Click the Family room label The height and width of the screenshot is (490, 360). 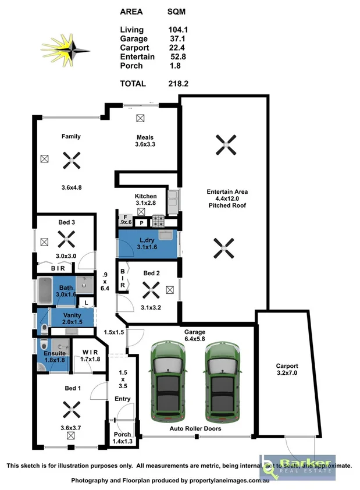(x=71, y=137)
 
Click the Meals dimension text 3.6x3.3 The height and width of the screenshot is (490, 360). (x=145, y=144)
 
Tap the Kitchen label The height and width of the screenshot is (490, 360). (x=145, y=196)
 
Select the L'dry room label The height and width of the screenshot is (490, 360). (x=145, y=240)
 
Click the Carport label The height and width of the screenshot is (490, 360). (x=287, y=366)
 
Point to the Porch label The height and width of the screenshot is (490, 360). (x=122, y=435)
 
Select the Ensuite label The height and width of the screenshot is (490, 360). (x=55, y=353)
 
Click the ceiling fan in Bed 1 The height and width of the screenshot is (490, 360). (x=71, y=410)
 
